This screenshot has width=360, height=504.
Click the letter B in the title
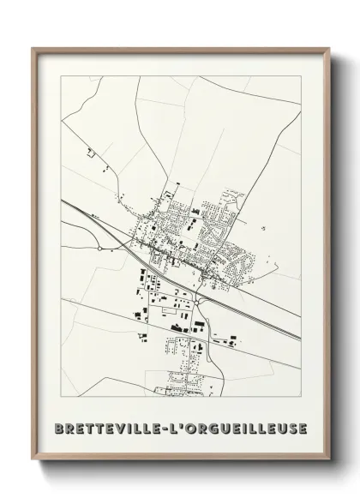[x=58, y=428]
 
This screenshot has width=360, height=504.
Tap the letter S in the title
[x=291, y=428]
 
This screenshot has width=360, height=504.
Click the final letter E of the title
[x=301, y=428]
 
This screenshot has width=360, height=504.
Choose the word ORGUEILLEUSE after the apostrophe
[x=249, y=428]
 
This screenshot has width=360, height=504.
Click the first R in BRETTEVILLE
[x=69, y=428]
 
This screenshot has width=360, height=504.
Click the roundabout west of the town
[x=100, y=249]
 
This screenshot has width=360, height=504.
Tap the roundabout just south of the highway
[x=197, y=299]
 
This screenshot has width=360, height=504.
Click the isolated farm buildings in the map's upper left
[x=89, y=153]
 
